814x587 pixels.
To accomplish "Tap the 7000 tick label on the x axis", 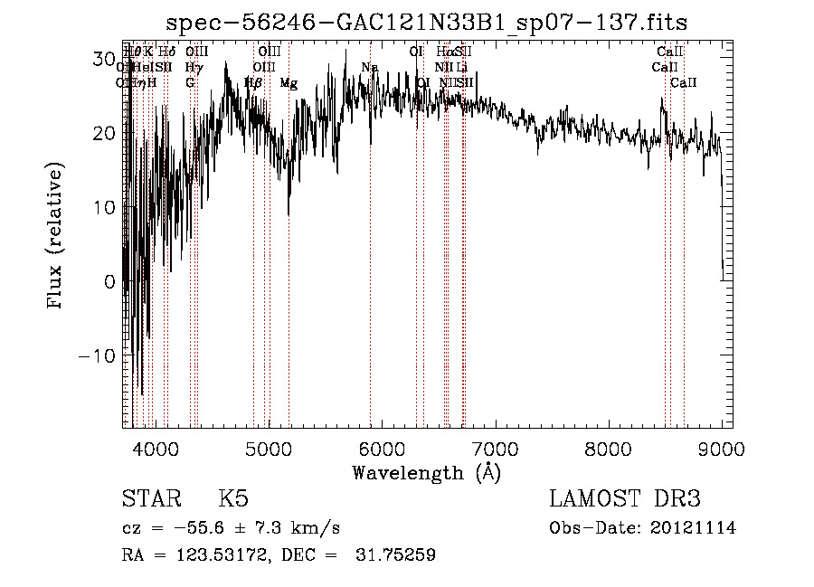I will coord(496,449).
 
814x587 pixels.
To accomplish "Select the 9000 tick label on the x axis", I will coord(721,449).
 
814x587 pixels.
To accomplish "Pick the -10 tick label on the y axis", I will coord(98,355).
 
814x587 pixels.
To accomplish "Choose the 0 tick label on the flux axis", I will coord(110,281).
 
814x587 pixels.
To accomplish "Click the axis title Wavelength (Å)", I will coord(426,472).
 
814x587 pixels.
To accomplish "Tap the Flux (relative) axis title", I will coord(56,237).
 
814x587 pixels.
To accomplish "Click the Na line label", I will coord(369,68).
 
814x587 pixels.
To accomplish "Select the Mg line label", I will coord(289,83).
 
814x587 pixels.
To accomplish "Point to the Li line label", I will coord(461,68).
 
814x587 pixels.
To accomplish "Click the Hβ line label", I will coord(253,83).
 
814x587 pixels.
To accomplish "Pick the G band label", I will coord(190,83).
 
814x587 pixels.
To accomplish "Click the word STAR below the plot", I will coord(150,499).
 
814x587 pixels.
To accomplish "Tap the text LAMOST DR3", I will coord(625,499).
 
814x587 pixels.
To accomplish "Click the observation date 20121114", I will coord(695,528).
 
